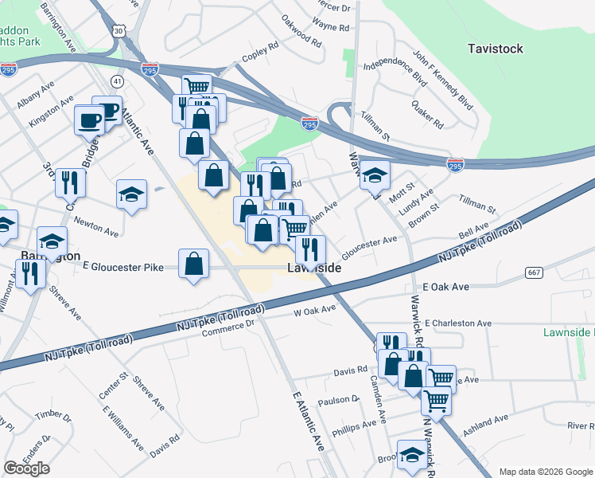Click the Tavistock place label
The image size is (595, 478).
(495, 49)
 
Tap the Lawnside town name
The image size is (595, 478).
(313, 269)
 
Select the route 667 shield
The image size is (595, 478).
(534, 272)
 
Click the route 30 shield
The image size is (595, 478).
(118, 29)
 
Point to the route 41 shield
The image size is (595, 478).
(118, 81)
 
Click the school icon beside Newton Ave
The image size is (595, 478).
(132, 194)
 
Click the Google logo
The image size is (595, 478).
(26, 468)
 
